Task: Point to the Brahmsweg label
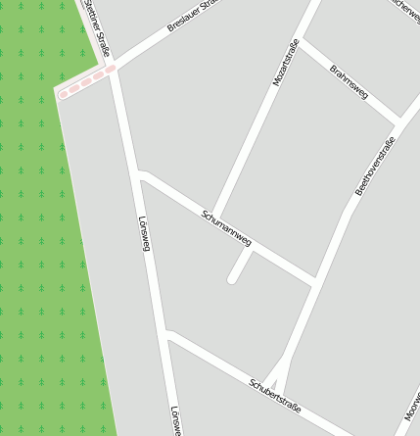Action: click(349, 82)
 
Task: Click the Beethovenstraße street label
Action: click(374, 167)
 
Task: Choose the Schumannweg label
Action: click(226, 227)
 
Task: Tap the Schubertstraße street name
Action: click(274, 394)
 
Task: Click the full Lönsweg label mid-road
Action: click(145, 232)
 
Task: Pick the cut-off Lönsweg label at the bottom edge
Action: click(175, 421)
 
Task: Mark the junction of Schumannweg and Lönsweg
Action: click(141, 176)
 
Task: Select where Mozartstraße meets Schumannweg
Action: click(213, 217)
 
